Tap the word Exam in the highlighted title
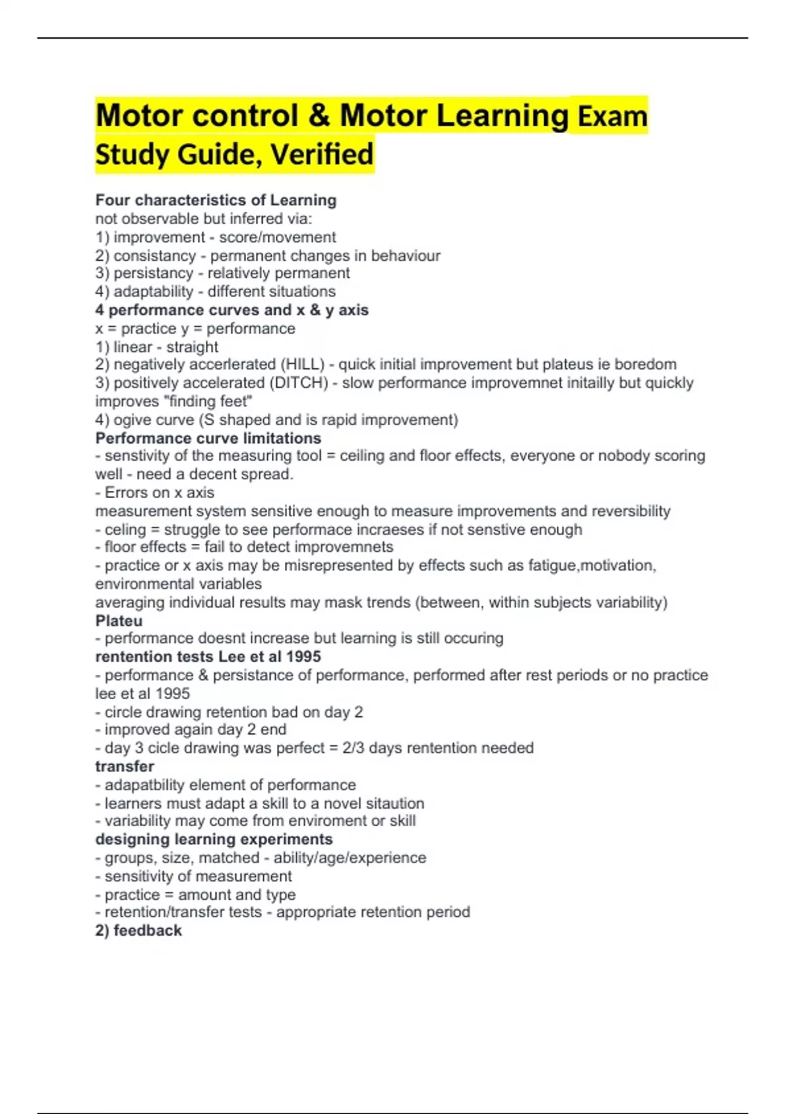(x=612, y=117)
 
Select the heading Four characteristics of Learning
(x=215, y=200)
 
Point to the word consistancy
(x=155, y=256)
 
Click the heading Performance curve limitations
(x=208, y=438)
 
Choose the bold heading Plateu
(x=119, y=621)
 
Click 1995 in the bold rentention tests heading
(x=303, y=657)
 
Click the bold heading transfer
(x=124, y=766)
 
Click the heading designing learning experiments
(x=214, y=839)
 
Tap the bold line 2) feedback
(x=138, y=931)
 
